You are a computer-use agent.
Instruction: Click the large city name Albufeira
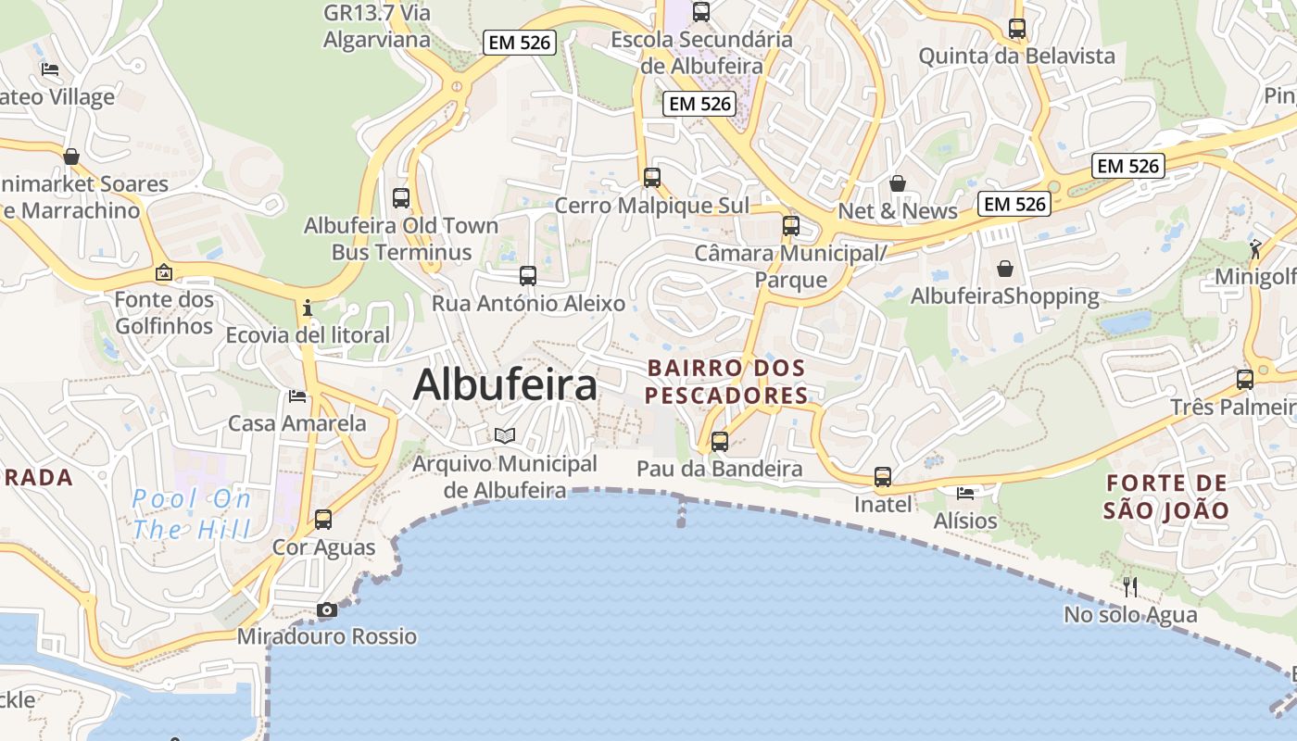click(x=505, y=384)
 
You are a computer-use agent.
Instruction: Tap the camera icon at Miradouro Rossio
click(x=326, y=609)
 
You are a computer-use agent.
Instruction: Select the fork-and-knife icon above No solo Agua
click(x=1130, y=586)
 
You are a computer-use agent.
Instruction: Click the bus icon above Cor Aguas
click(x=323, y=520)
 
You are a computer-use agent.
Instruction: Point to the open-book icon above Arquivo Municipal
click(x=504, y=435)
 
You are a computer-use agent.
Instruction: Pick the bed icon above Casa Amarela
click(x=297, y=396)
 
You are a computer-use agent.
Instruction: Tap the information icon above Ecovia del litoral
click(x=308, y=308)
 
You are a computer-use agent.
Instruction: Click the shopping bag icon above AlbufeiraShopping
click(x=1005, y=269)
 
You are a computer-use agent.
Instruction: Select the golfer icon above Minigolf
click(x=1255, y=248)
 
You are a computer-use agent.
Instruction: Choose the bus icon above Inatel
click(x=883, y=477)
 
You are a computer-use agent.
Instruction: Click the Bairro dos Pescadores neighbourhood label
click(x=726, y=382)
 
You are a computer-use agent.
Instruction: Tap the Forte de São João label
click(x=1166, y=496)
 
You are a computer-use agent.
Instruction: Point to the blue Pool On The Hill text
click(x=191, y=514)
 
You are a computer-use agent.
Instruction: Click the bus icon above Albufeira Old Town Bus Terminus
click(x=401, y=197)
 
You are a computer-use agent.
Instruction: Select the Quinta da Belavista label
click(x=1016, y=56)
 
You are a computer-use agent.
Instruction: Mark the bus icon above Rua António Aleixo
click(x=528, y=275)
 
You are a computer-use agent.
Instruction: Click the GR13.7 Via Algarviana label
click(x=377, y=26)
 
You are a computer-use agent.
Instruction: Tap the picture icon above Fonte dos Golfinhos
click(x=164, y=272)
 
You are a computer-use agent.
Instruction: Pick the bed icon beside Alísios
click(x=965, y=494)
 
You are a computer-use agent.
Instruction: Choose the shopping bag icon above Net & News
click(x=897, y=183)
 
